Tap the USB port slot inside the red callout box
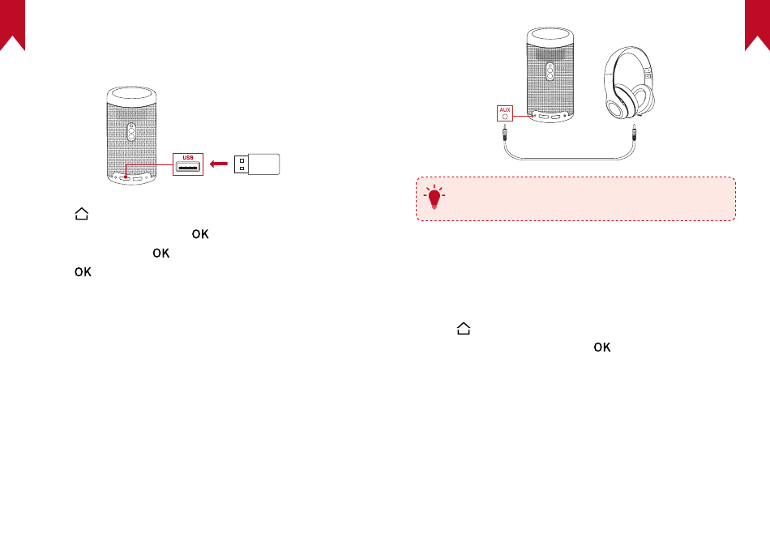pyautogui.click(x=188, y=168)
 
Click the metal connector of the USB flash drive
pyautogui.click(x=241, y=164)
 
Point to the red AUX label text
pyautogui.click(x=505, y=108)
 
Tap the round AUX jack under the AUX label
pyautogui.click(x=505, y=116)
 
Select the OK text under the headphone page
pyautogui.click(x=601, y=347)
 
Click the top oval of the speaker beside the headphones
pyautogui.click(x=550, y=36)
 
